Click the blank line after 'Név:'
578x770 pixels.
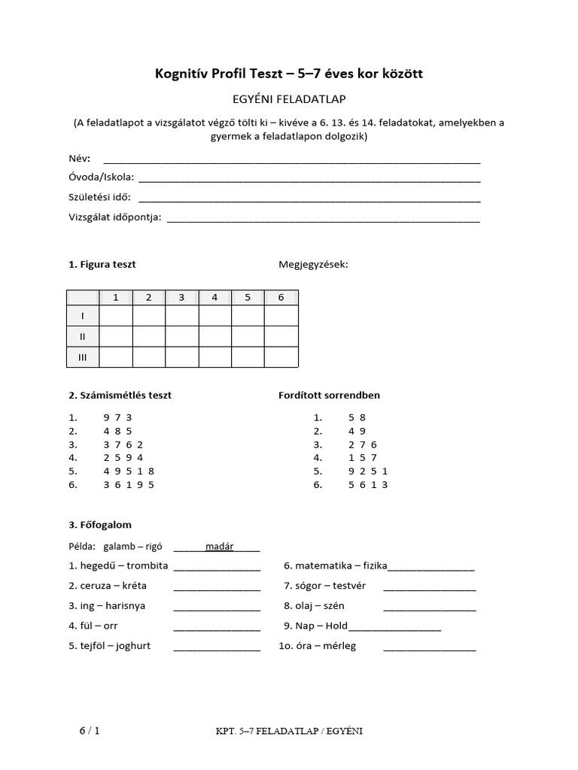click(x=291, y=159)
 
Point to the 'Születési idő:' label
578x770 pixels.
click(x=99, y=198)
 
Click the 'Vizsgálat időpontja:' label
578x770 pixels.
click(x=115, y=218)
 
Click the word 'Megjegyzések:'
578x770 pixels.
click(x=313, y=265)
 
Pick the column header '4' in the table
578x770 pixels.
click(x=214, y=298)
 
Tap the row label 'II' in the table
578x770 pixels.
click(x=83, y=336)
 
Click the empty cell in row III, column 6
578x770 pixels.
click(x=281, y=357)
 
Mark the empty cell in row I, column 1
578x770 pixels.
click(x=116, y=316)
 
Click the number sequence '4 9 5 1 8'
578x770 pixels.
click(x=129, y=471)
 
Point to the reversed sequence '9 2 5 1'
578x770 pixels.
click(x=368, y=471)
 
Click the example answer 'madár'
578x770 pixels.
click(x=219, y=547)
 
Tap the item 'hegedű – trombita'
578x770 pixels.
click(x=118, y=565)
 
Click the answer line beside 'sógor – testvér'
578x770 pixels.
click(x=429, y=587)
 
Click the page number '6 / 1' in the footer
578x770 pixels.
click(x=89, y=731)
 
